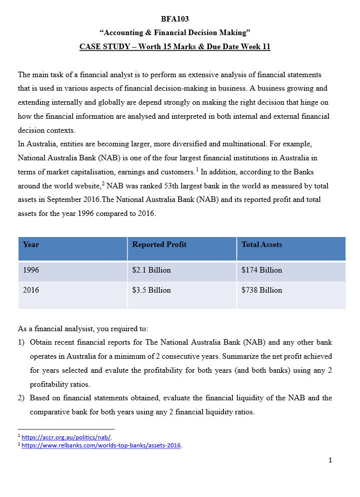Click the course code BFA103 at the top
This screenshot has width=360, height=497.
pyautogui.click(x=175, y=19)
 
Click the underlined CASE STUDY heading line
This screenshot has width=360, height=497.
pyautogui.click(x=175, y=47)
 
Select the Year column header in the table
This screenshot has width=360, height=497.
pyautogui.click(x=31, y=245)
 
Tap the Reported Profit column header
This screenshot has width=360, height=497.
pyautogui.click(x=159, y=245)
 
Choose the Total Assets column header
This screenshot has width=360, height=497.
pyautogui.click(x=262, y=245)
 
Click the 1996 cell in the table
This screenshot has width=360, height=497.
pyautogui.click(x=31, y=270)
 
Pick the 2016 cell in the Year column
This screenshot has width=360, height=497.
pyautogui.click(x=31, y=290)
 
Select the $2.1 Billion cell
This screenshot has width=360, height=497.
pyautogui.click(x=151, y=270)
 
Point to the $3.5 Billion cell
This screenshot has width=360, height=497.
pyautogui.click(x=151, y=290)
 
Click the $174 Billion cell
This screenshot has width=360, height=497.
pyautogui.click(x=262, y=270)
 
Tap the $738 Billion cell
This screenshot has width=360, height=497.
pyautogui.click(x=262, y=290)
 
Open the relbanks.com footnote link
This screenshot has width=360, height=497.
pyautogui.click(x=101, y=445)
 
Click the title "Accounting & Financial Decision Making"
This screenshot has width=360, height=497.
pyautogui.click(x=175, y=33)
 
